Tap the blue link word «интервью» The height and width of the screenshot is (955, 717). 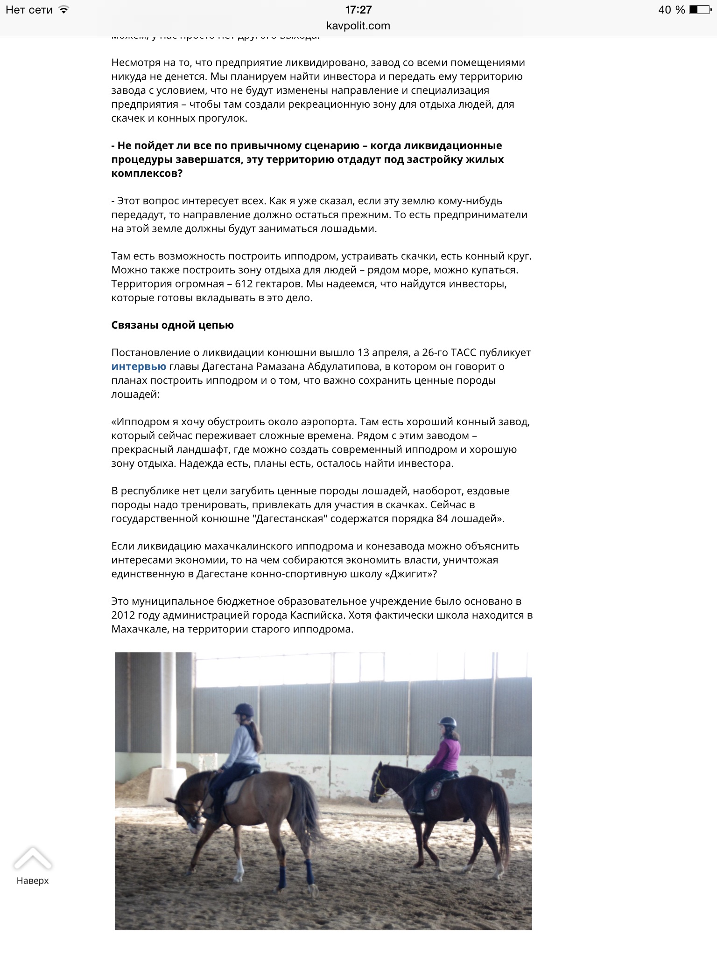point(139,367)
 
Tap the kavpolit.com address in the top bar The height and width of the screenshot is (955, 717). point(358,26)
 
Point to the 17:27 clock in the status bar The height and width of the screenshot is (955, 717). point(358,10)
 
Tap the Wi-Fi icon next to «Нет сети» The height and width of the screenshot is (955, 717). point(64,9)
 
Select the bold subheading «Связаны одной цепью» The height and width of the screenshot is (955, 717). point(172,325)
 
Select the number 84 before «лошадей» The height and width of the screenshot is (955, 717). point(442,519)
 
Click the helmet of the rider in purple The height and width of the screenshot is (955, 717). point(447,722)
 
